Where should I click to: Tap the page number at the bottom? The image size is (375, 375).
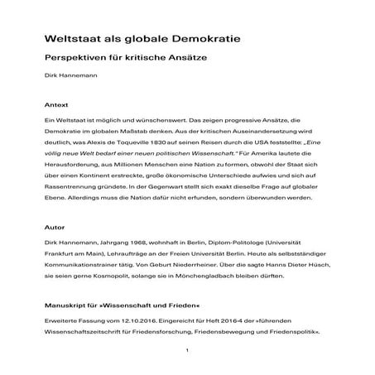[x=188, y=351]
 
